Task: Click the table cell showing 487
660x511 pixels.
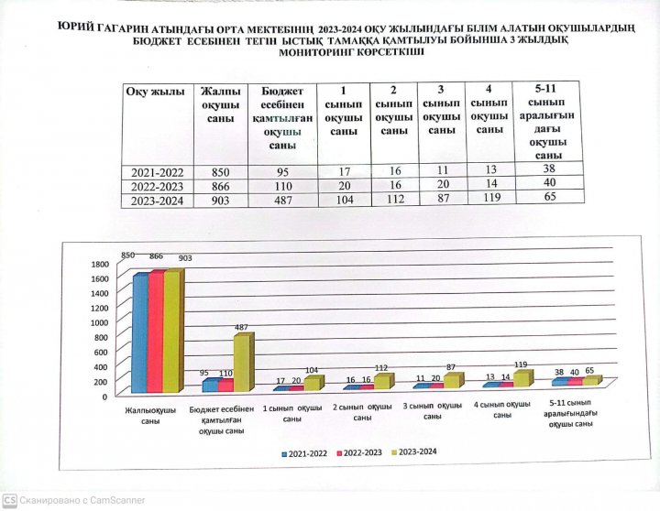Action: (281, 201)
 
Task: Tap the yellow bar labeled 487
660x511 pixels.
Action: (241, 363)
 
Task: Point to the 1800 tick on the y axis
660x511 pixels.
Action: (99, 265)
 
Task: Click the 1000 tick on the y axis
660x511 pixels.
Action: (99, 322)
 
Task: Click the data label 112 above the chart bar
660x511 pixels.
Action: (382, 368)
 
